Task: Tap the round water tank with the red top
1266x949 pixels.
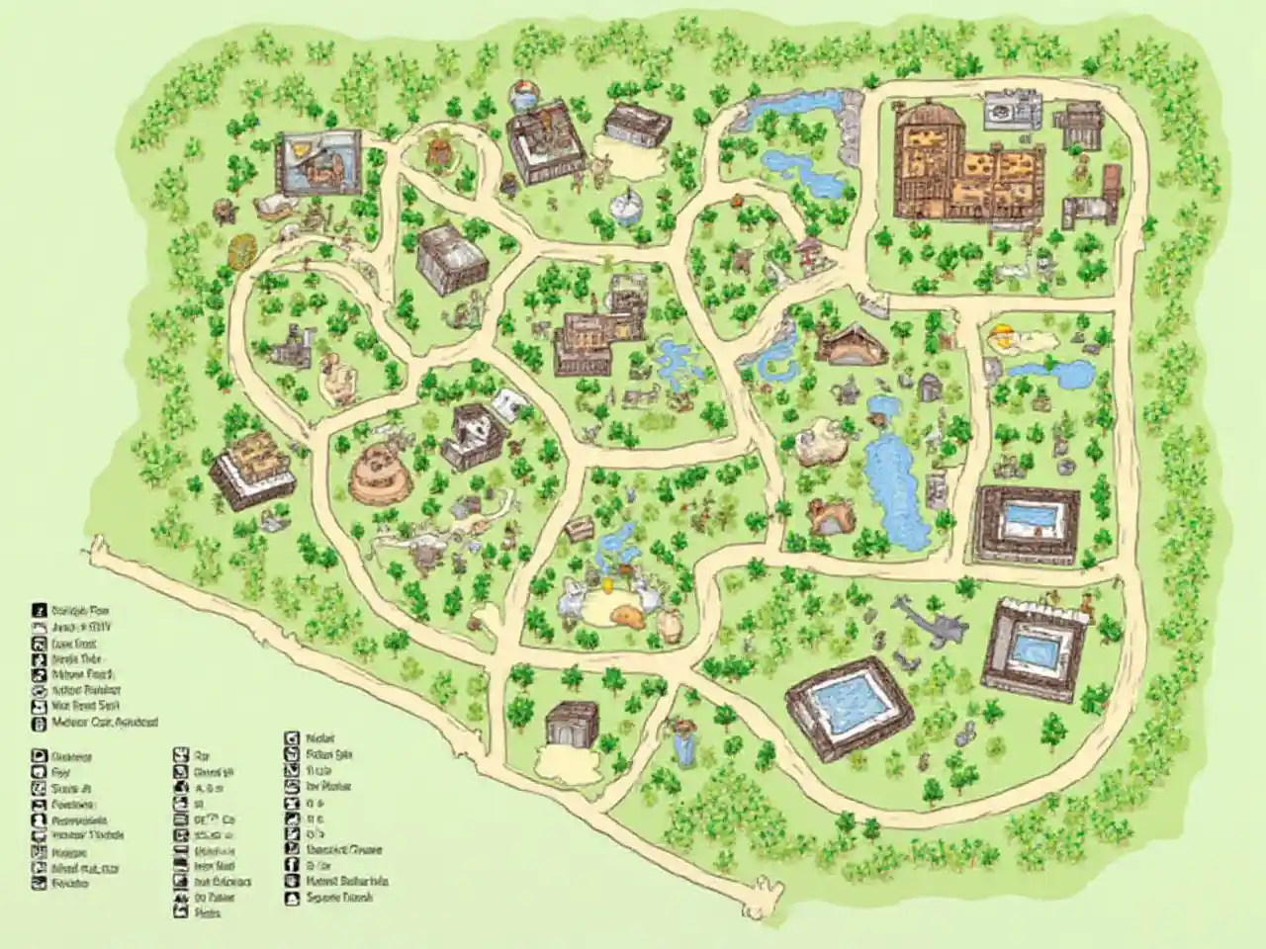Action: pos(525,96)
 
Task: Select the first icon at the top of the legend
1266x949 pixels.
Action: pos(40,610)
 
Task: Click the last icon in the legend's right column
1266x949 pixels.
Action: pos(292,899)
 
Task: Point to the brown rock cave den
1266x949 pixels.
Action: pos(829,514)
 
